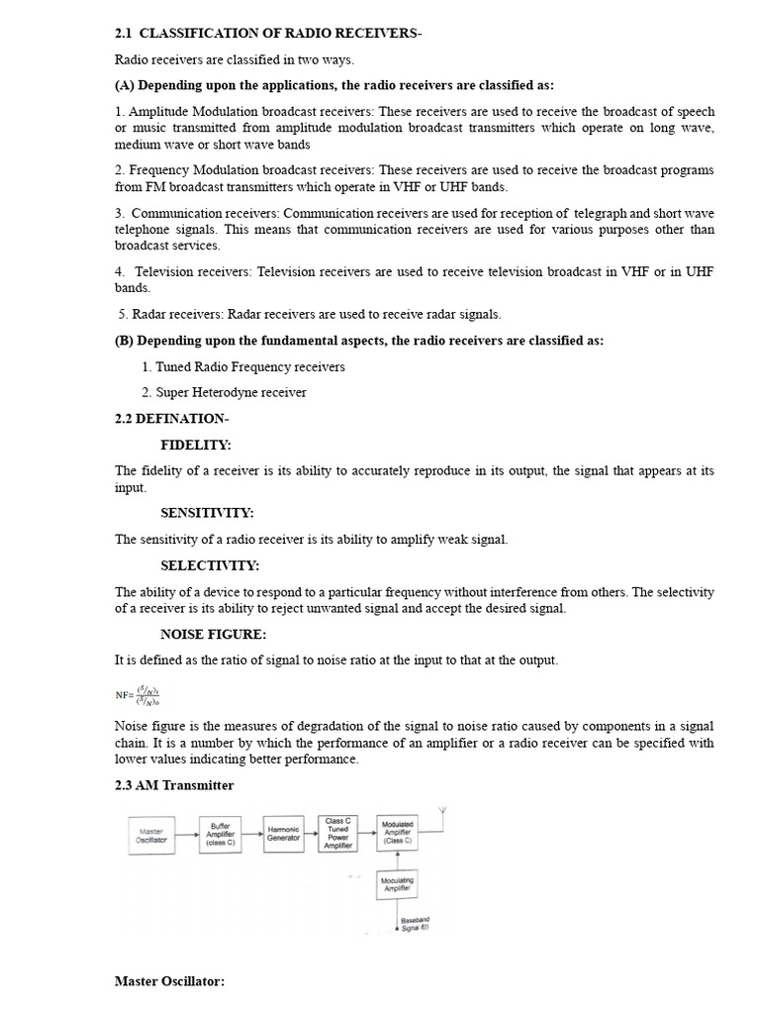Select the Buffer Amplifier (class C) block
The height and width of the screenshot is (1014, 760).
point(220,836)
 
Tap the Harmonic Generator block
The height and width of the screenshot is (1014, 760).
point(283,836)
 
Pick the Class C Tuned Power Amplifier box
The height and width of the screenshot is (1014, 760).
point(338,833)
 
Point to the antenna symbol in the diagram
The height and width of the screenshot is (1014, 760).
point(442,816)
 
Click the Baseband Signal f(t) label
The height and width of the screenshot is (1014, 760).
point(417,925)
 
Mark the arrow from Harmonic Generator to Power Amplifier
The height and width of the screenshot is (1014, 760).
point(311,835)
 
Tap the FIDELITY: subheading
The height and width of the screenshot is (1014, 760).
point(196,446)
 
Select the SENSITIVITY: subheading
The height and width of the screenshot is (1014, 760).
point(207,513)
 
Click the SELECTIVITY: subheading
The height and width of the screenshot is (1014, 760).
point(210,565)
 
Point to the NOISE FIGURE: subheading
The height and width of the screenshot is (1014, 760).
point(214,634)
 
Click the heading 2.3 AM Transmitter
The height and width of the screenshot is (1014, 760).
point(174,785)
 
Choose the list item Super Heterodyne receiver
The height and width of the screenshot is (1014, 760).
point(224,392)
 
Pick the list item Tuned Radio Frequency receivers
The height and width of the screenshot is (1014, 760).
point(243,366)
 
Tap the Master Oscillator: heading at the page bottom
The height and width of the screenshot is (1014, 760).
point(170,981)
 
